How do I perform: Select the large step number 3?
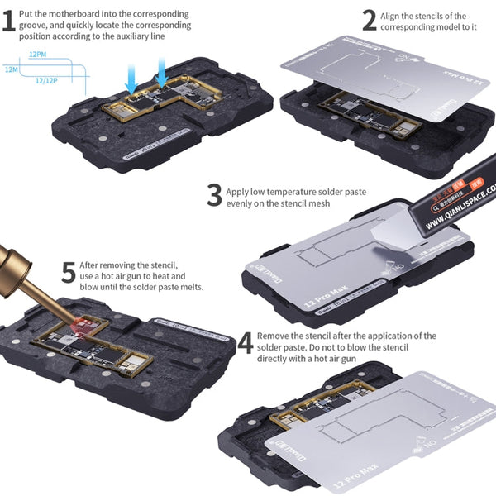click(214, 196)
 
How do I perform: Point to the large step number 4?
click(245, 342)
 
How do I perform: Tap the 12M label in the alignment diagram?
click(11, 70)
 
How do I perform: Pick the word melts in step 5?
click(188, 287)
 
